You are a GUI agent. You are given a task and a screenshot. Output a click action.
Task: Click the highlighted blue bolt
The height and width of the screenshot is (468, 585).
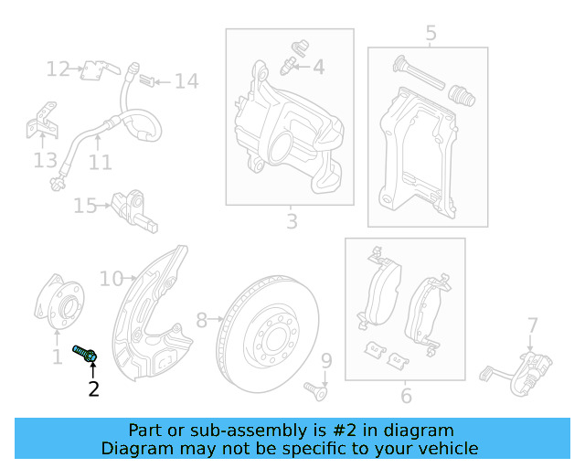(x=84, y=354)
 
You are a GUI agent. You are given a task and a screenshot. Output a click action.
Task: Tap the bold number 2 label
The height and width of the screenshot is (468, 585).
(x=93, y=389)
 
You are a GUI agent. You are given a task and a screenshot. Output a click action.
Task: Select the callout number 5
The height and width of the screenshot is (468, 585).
(x=431, y=34)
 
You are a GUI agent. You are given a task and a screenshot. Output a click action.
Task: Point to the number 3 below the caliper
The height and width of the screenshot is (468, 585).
(x=291, y=221)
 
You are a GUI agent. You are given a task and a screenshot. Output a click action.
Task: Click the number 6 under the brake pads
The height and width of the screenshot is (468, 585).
(x=406, y=395)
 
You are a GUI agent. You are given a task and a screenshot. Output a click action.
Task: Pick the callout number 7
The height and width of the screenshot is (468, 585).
(x=532, y=324)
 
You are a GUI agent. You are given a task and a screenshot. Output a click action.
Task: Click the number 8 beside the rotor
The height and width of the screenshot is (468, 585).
(x=202, y=320)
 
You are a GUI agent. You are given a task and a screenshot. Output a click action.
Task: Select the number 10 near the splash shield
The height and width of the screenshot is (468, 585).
(x=111, y=278)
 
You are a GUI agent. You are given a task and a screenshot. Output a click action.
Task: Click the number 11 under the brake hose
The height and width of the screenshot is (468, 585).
(x=101, y=163)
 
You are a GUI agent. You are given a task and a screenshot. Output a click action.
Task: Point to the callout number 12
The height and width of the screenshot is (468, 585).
(x=58, y=69)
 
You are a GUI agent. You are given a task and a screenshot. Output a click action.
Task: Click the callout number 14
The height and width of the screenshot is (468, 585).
(x=186, y=82)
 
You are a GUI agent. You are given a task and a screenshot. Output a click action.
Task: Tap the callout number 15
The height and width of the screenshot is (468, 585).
(x=85, y=207)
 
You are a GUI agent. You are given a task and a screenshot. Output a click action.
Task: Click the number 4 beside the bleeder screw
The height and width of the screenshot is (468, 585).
(x=318, y=67)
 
